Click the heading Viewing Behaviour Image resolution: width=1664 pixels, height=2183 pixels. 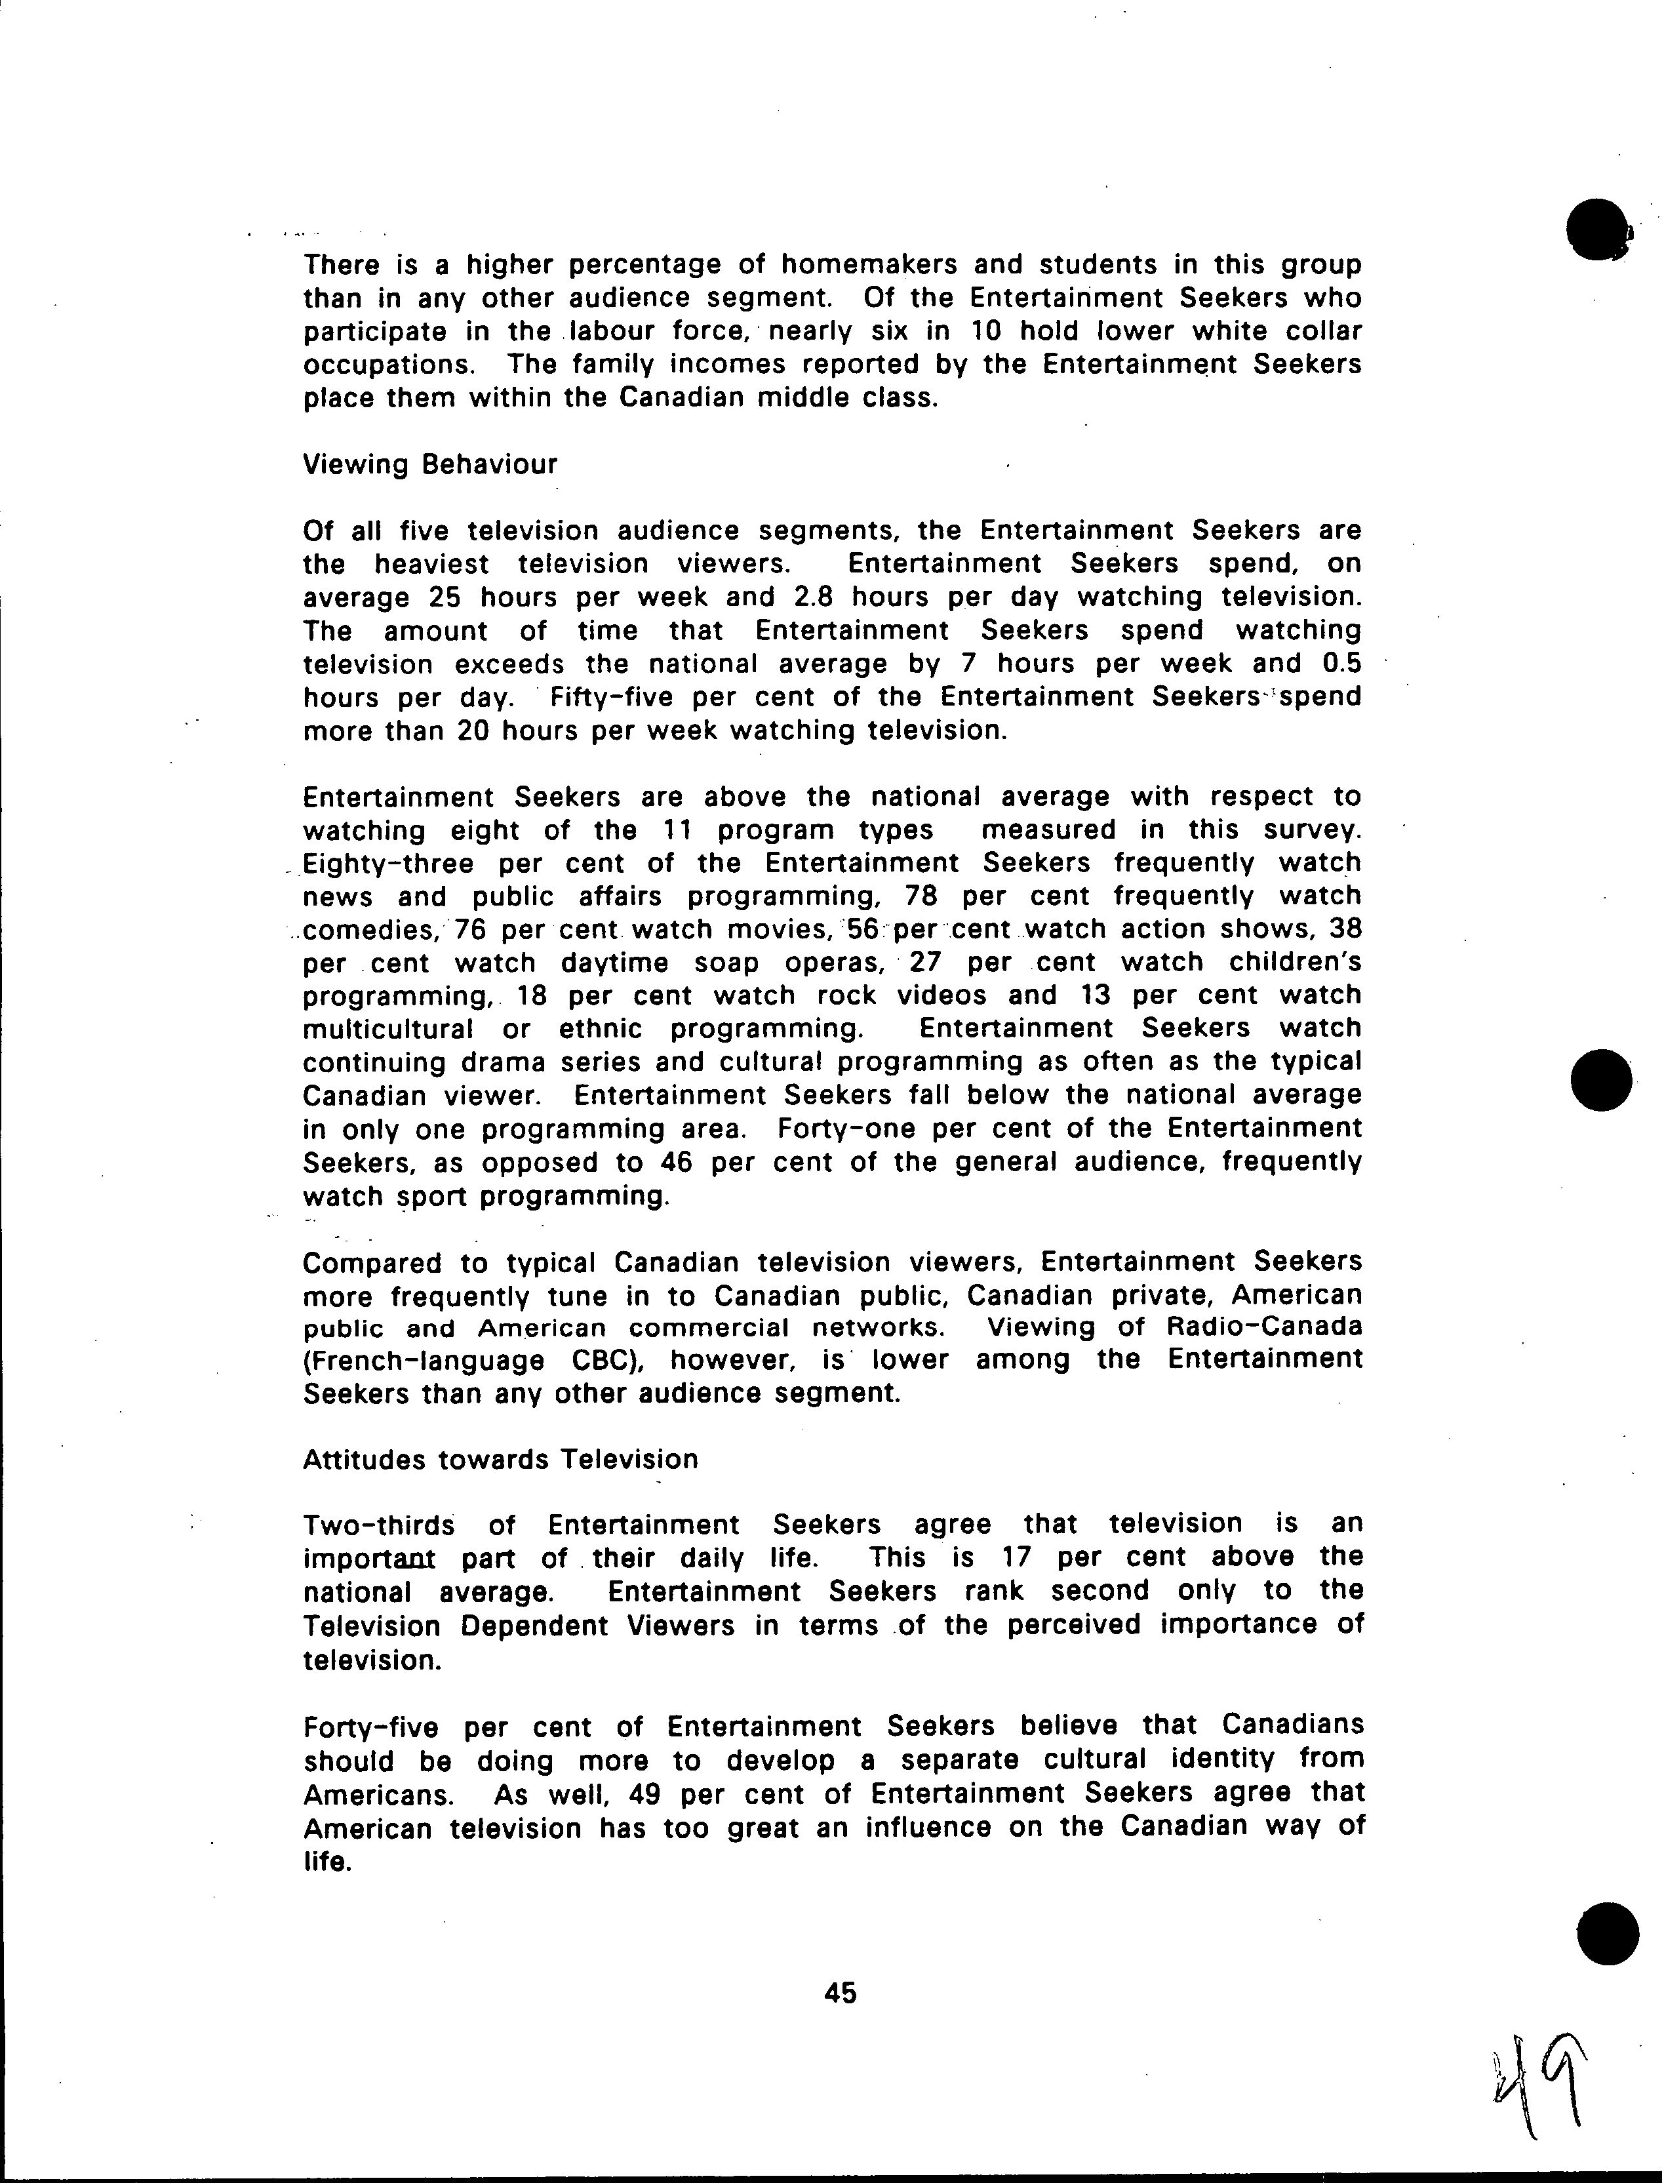(x=430, y=464)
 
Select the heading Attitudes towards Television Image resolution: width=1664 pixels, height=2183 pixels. (x=500, y=1459)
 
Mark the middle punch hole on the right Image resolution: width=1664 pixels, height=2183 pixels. (x=1600, y=1079)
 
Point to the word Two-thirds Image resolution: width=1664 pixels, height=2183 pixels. (x=378, y=1525)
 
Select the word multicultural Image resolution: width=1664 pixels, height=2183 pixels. (x=388, y=1029)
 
